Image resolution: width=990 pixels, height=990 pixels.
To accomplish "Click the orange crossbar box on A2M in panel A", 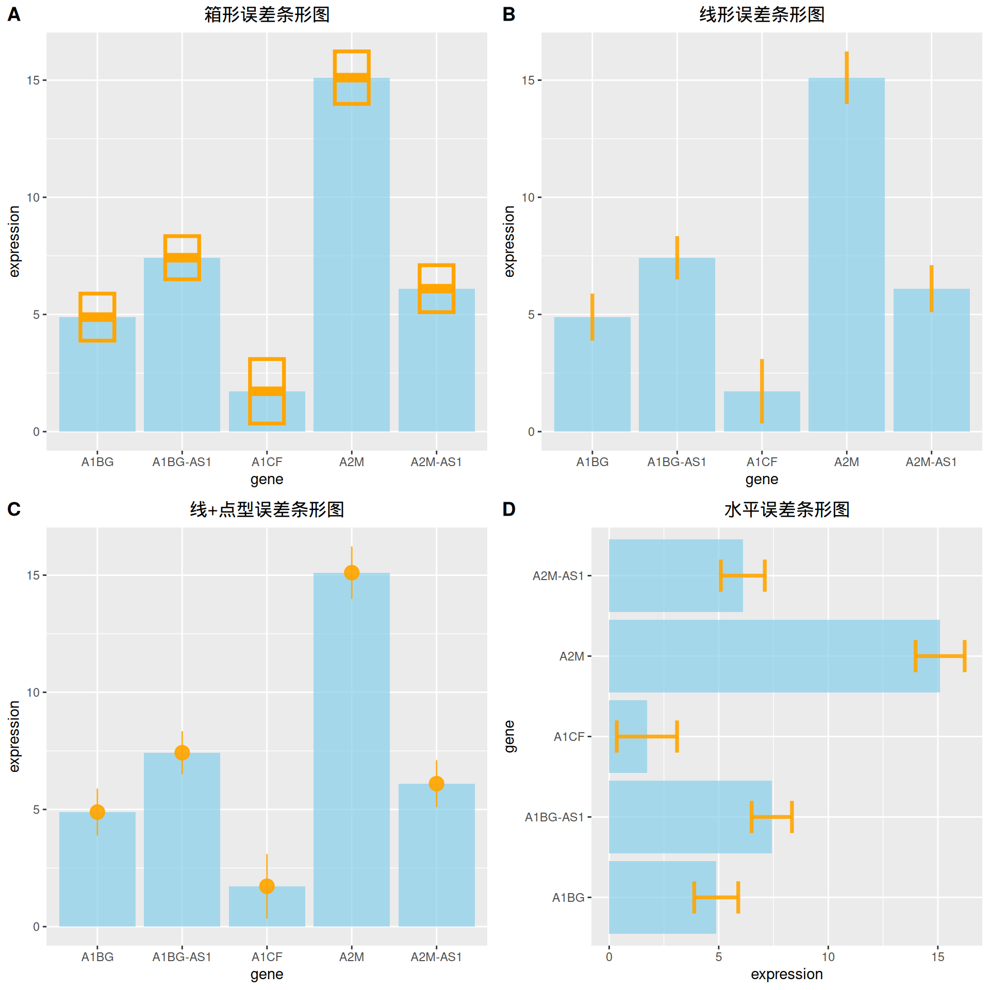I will click(x=352, y=78).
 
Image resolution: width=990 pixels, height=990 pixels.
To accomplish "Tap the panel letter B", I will click(x=509, y=14).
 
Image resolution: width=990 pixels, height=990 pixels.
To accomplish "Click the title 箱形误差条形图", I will click(x=267, y=14).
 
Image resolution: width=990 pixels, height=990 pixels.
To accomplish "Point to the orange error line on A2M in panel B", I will click(x=847, y=78).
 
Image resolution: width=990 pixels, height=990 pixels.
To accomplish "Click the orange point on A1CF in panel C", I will click(x=267, y=886).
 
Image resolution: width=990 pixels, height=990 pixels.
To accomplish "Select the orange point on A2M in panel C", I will click(x=352, y=572).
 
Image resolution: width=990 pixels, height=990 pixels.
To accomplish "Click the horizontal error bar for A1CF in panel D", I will click(x=647, y=736).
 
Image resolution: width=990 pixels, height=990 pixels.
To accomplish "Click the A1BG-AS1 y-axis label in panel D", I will click(x=554, y=817).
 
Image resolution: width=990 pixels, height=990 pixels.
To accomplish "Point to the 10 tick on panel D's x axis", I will click(x=828, y=957).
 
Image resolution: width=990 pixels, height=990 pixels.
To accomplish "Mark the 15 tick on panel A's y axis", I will click(x=34, y=80).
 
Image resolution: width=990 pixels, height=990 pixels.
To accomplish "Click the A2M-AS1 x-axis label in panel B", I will click(x=931, y=462).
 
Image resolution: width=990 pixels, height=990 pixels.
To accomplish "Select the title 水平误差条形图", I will click(x=787, y=509).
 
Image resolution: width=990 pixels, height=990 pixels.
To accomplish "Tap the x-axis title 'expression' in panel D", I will click(x=787, y=974).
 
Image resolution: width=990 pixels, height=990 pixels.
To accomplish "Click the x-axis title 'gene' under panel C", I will click(x=267, y=974).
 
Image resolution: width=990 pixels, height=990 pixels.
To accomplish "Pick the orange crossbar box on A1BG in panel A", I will click(x=97, y=317).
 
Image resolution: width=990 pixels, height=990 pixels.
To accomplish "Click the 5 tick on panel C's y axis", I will click(x=37, y=810).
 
